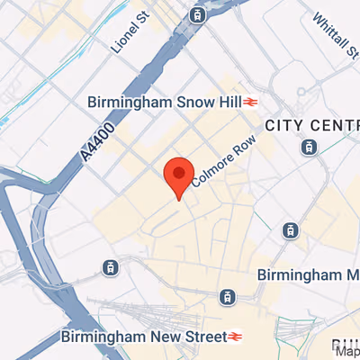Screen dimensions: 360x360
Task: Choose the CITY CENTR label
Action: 310,123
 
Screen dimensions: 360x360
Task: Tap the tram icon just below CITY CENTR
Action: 310,146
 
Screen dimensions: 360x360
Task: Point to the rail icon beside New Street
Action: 235,337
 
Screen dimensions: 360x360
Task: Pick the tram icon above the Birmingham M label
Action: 290,231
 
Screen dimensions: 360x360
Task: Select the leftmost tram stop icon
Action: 110,267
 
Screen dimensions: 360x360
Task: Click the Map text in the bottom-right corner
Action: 346,353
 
